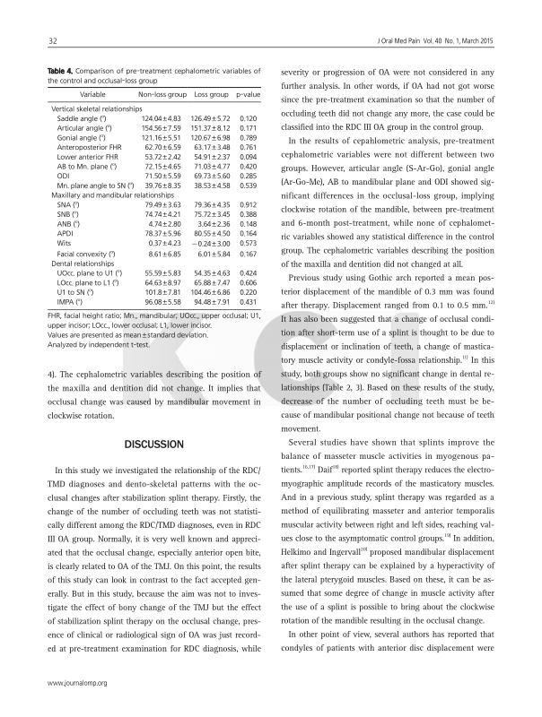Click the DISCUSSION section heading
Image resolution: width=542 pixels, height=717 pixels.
click(153, 444)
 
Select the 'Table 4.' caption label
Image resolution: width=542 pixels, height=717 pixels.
click(63, 71)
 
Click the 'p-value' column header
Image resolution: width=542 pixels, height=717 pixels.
click(249, 94)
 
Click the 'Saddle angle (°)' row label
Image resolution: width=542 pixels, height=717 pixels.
click(83, 118)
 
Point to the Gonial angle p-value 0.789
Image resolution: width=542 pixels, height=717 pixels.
click(250, 138)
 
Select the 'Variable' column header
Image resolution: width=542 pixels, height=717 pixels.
click(93, 94)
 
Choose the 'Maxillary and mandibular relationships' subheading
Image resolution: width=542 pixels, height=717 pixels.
click(112, 194)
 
